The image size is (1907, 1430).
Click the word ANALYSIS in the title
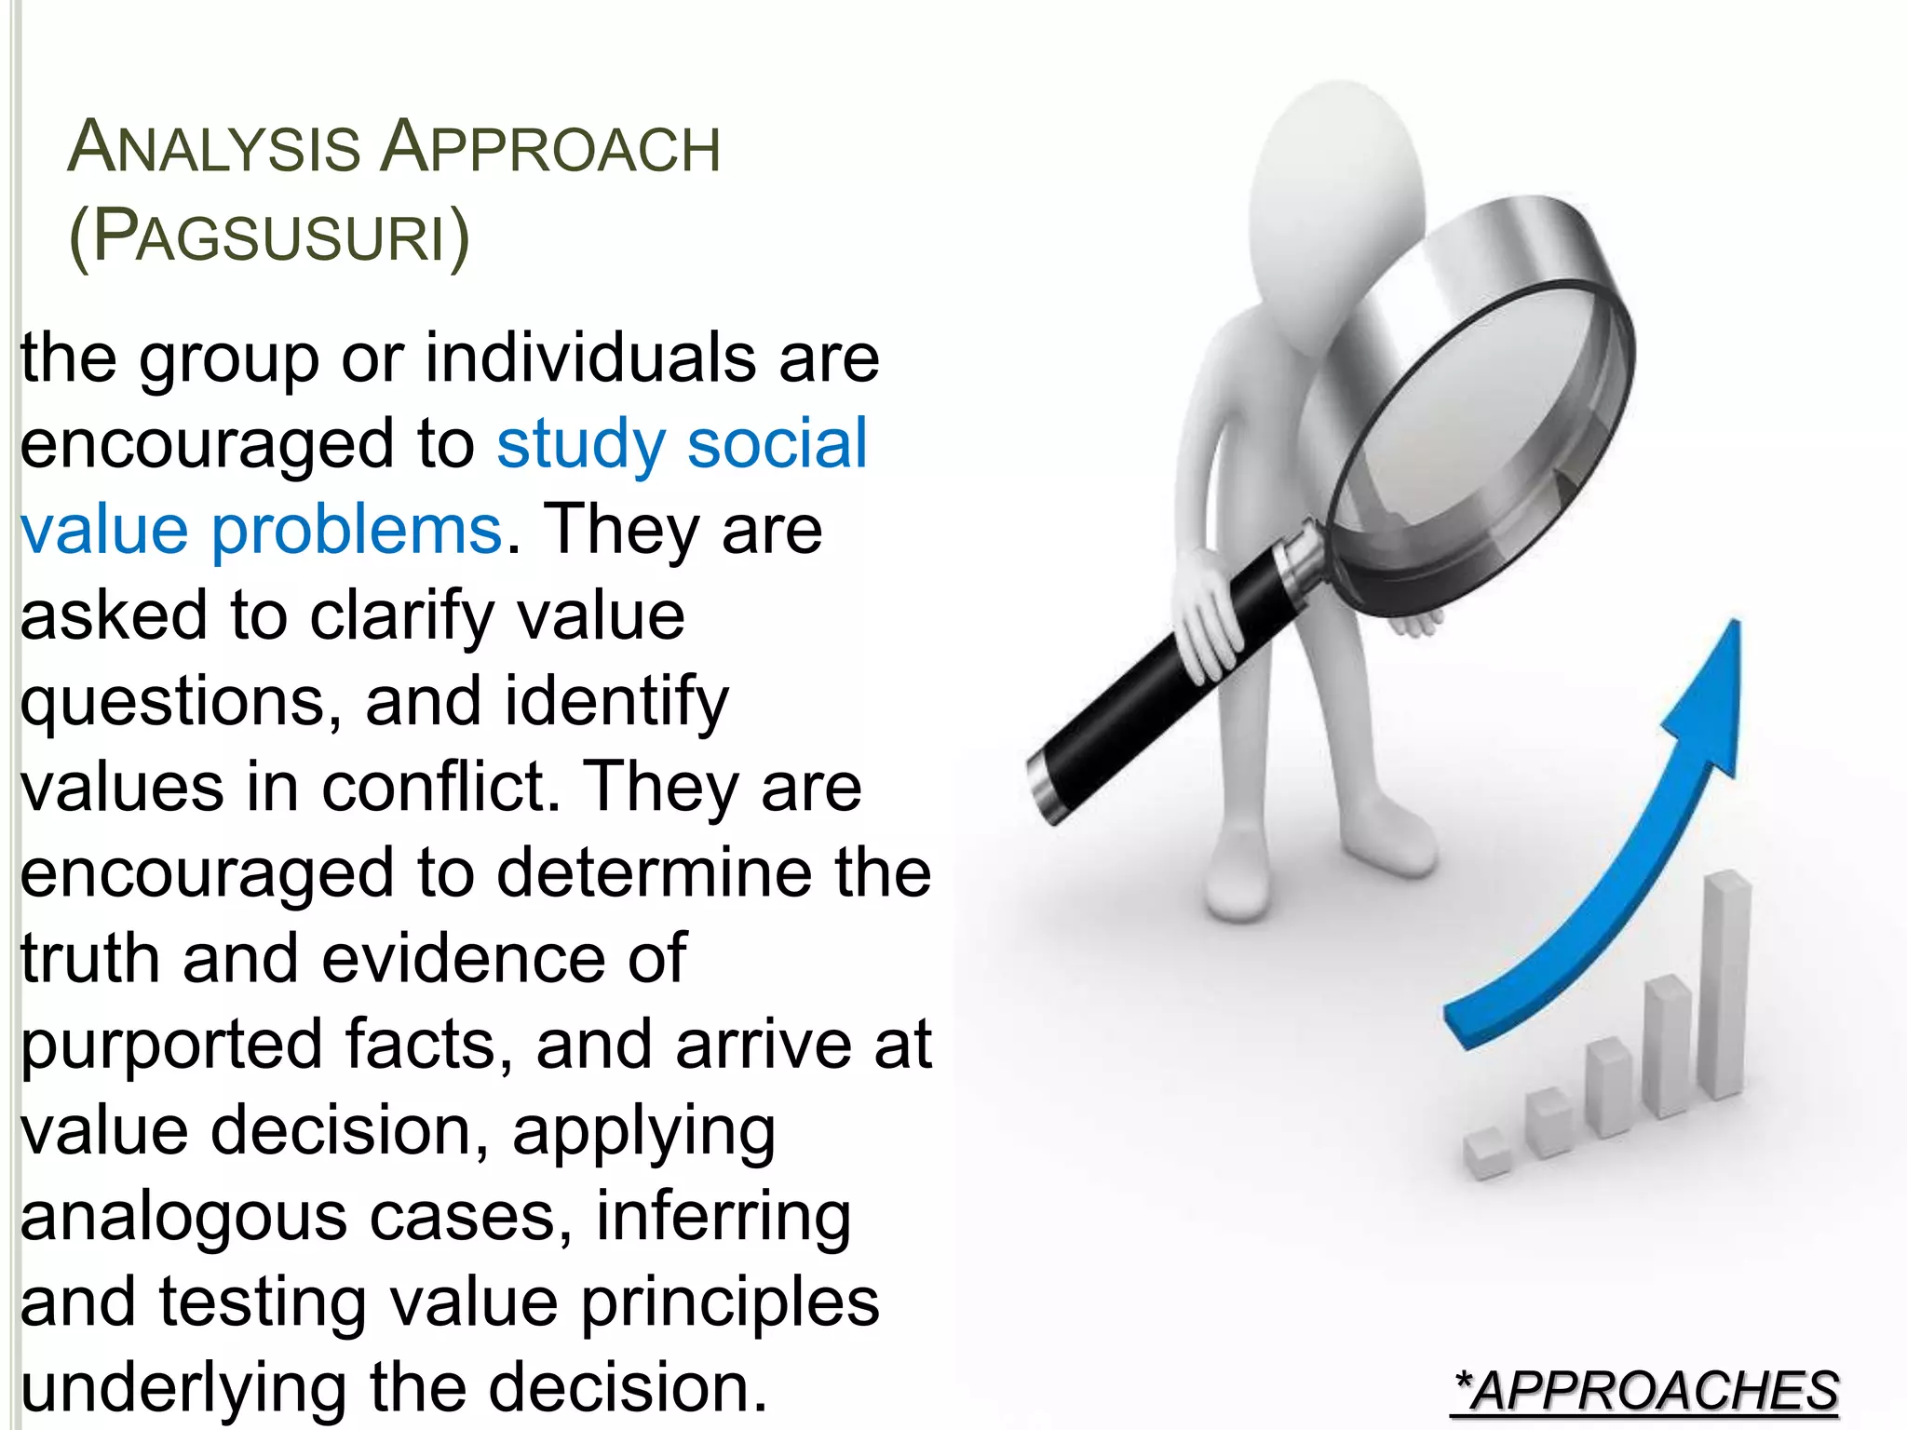214,148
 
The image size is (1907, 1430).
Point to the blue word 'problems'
357,531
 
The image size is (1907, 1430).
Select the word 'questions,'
182,703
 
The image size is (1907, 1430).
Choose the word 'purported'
171,1046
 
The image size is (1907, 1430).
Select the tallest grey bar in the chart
1725,987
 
